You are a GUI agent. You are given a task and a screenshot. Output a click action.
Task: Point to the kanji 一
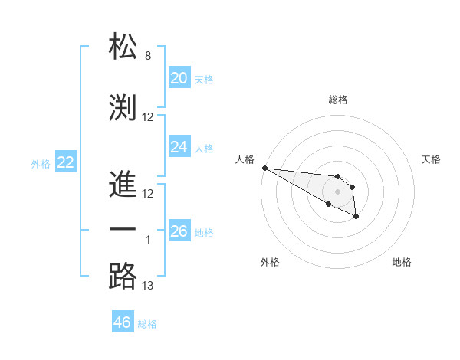pos(123,229)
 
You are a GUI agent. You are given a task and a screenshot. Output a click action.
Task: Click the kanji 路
pos(123,277)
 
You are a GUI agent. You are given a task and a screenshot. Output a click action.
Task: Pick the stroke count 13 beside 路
pos(148,286)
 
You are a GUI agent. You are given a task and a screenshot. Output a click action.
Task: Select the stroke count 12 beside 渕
pos(148,117)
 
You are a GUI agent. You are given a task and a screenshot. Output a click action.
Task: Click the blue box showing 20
pos(179,77)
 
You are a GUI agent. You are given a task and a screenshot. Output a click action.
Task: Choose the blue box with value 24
pos(179,146)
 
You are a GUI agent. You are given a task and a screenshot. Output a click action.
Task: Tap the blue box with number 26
pos(179,231)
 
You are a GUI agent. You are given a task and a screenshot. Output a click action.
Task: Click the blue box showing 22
pos(65,162)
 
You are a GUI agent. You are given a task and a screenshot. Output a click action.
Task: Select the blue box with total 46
pos(122,322)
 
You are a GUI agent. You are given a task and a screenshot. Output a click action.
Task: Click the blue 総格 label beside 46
pos(147,324)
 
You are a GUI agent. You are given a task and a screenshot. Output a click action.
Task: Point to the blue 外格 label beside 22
pos(41,163)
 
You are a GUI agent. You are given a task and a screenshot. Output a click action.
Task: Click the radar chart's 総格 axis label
pos(337,100)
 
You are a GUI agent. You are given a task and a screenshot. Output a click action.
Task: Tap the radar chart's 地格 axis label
pos(402,262)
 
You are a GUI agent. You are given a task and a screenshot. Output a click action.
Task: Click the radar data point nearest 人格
pos(264,168)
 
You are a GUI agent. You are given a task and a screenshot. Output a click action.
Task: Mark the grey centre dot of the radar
pos(337,191)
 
